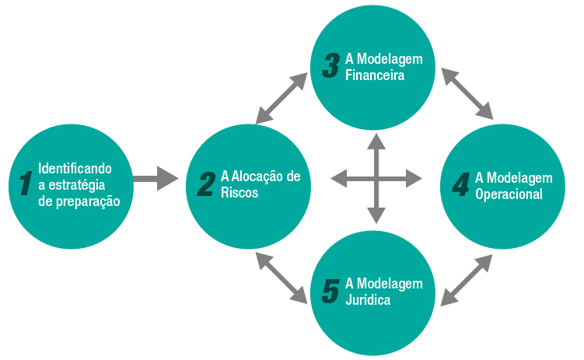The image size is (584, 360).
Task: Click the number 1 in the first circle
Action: click(x=25, y=183)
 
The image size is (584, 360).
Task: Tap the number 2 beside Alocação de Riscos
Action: click(x=206, y=184)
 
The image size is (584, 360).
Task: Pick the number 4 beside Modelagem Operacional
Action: click(x=460, y=184)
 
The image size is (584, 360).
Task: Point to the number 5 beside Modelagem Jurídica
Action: click(x=330, y=291)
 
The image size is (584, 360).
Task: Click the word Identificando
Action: click(x=75, y=168)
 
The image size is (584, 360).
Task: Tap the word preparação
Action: click(x=90, y=201)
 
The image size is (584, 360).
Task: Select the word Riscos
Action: click(x=240, y=193)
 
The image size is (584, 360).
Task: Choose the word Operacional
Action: click(x=509, y=194)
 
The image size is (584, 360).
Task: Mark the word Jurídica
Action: click(x=368, y=299)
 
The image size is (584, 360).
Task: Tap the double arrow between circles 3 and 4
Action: click(x=467, y=93)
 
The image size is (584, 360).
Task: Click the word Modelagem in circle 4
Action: click(x=525, y=177)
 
